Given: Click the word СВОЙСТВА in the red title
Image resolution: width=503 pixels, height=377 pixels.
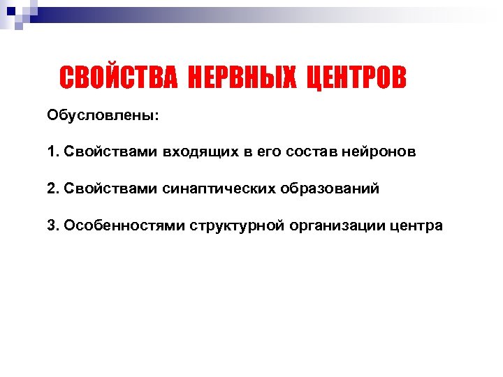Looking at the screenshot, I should tap(119, 78).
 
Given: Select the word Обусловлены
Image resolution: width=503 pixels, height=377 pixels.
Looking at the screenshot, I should tap(103, 114).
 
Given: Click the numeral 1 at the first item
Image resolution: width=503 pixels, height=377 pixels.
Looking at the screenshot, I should tap(51, 151).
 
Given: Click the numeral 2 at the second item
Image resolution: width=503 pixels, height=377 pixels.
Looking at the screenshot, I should tap(51, 188).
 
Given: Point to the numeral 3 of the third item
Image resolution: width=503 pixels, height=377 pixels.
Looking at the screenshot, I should tap(51, 226).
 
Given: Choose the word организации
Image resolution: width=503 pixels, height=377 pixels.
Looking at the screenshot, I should tap(333, 226).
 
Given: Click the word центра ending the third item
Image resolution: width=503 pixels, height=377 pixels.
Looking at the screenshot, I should tap(416, 226).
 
